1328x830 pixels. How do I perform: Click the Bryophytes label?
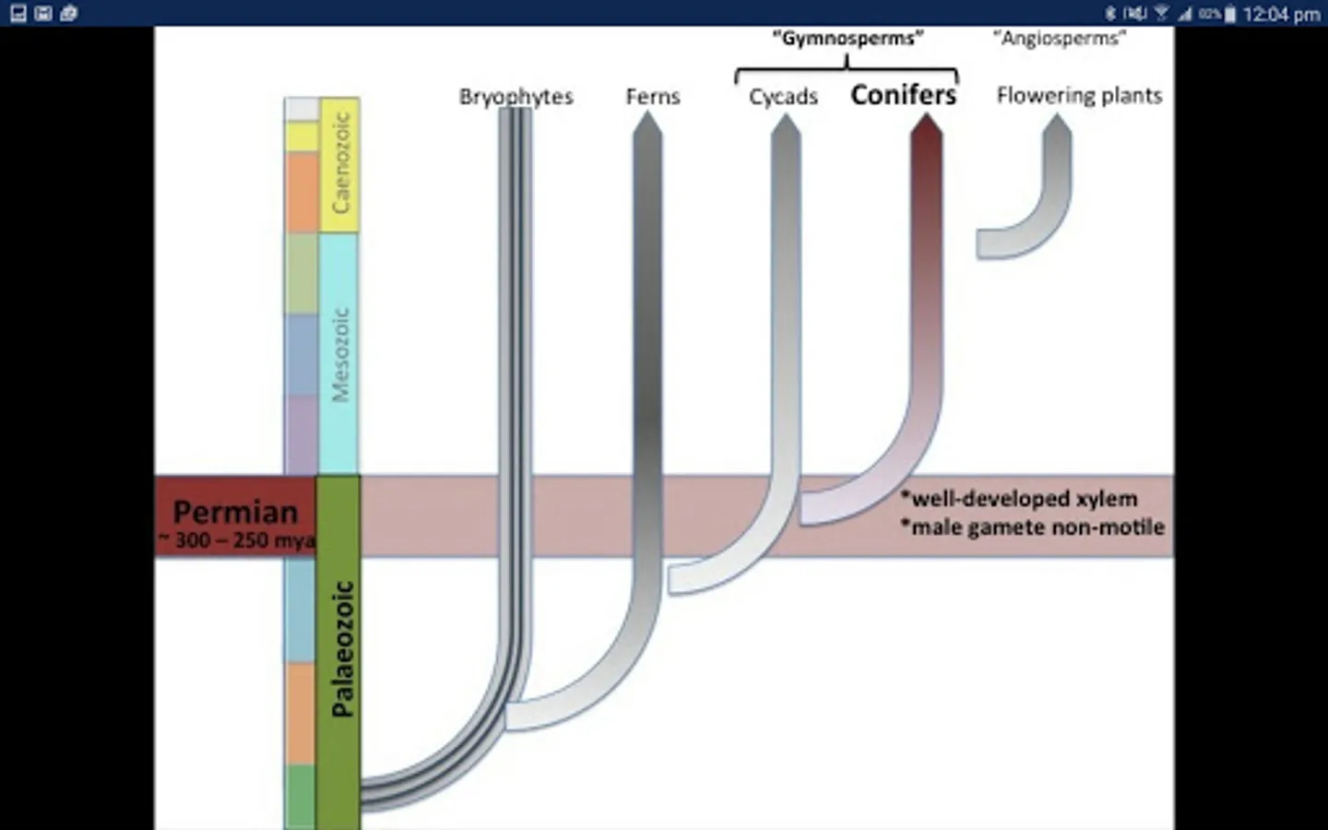pyautogui.click(x=516, y=97)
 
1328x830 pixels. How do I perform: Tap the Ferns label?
pyautogui.click(x=652, y=97)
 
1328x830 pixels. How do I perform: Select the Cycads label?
pyautogui.click(x=783, y=97)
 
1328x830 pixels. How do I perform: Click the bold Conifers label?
pyautogui.click(x=903, y=95)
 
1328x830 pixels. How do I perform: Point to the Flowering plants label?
pyautogui.click(x=1079, y=96)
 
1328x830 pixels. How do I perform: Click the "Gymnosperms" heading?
pyautogui.click(x=848, y=39)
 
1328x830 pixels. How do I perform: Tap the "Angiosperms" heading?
pyautogui.click(x=1060, y=39)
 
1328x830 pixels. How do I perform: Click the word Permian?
pyautogui.click(x=235, y=512)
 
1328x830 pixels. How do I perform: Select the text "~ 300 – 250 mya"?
pyautogui.click(x=237, y=540)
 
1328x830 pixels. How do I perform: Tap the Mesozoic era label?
pyautogui.click(x=340, y=354)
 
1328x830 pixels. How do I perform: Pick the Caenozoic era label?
pyautogui.click(x=340, y=163)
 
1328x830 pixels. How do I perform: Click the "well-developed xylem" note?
pyautogui.click(x=1019, y=499)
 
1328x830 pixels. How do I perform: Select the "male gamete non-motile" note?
pyautogui.click(x=1033, y=528)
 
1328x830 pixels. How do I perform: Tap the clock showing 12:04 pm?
pyautogui.click(x=1281, y=14)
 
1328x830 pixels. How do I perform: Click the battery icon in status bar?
pyautogui.click(x=1229, y=14)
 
